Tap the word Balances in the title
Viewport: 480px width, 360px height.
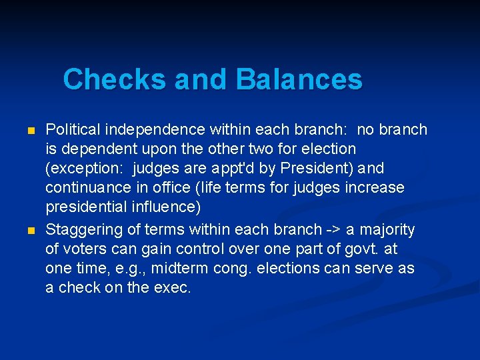299,79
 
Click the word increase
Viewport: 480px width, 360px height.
375,187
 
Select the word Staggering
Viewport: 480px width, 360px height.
83,230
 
